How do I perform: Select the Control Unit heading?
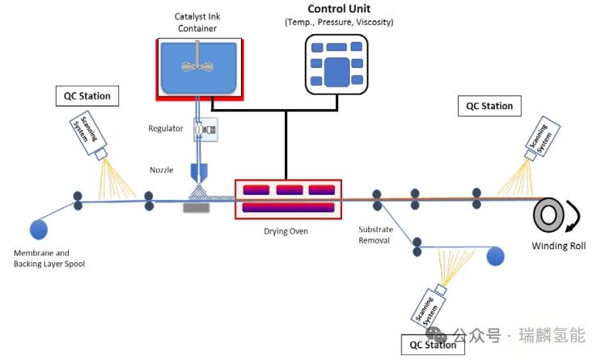coord(339,9)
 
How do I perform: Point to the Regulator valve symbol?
coord(201,128)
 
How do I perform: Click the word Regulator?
coord(166,129)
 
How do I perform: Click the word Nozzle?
coord(162,170)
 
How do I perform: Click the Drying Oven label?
coord(286,231)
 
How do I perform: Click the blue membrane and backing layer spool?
coord(38,229)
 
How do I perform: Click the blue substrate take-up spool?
coord(495,256)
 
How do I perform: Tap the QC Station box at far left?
coord(87,96)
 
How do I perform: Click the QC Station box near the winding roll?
coord(489,106)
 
